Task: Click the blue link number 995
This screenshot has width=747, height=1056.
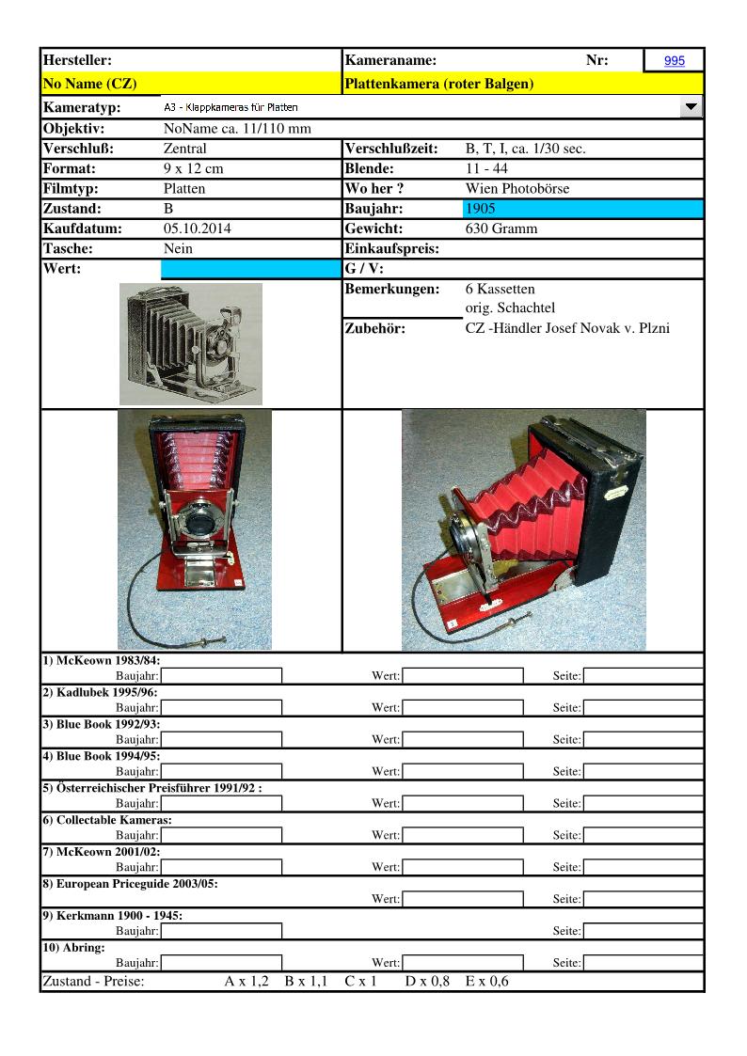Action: point(674,61)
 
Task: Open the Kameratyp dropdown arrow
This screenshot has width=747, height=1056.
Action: point(691,108)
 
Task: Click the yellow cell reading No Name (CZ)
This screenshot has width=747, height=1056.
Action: point(90,84)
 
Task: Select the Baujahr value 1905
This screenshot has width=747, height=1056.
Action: point(480,209)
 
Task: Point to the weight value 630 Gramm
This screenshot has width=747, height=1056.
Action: point(501,229)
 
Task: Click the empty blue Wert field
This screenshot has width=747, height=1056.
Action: point(251,270)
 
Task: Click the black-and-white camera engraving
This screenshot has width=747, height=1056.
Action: point(191,344)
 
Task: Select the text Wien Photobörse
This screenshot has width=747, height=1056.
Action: point(517,188)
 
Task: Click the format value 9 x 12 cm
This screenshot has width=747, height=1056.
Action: point(193,169)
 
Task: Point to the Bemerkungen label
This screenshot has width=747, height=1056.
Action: point(392,289)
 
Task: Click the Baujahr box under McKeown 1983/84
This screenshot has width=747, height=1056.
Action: point(221,675)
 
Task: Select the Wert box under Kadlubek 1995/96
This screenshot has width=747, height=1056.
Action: point(462,707)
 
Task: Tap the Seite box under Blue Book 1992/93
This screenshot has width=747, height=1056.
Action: point(644,739)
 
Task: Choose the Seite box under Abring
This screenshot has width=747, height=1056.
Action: point(644,962)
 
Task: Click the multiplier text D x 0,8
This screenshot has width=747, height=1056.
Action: point(427,982)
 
